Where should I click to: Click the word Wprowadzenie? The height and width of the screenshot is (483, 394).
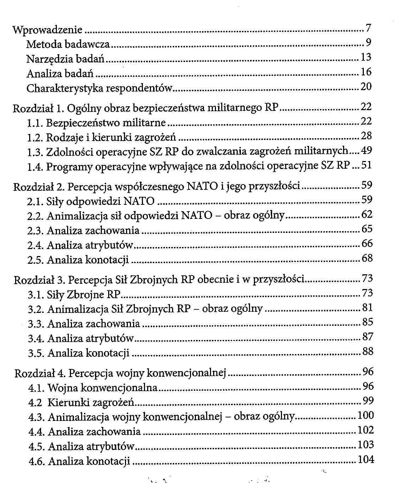click(x=47, y=30)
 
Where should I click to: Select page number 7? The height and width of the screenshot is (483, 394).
click(x=368, y=28)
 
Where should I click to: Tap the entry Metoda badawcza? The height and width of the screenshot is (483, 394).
click(x=68, y=45)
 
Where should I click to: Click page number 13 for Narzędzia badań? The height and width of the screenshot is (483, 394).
click(x=366, y=57)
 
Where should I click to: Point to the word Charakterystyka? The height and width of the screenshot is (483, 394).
click(x=65, y=88)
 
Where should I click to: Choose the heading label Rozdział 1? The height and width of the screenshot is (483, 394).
click(x=38, y=109)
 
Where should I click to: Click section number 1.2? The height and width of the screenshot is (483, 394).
click(x=35, y=138)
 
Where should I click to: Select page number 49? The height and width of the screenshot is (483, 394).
click(x=366, y=150)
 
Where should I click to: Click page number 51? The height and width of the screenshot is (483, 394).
click(x=366, y=165)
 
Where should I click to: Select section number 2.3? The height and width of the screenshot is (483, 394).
click(x=35, y=231)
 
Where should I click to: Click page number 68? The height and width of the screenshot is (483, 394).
click(x=367, y=259)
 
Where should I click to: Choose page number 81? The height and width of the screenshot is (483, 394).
click(x=367, y=308)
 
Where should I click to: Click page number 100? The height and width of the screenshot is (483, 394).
click(x=366, y=416)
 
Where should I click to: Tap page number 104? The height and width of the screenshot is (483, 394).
click(x=366, y=459)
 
